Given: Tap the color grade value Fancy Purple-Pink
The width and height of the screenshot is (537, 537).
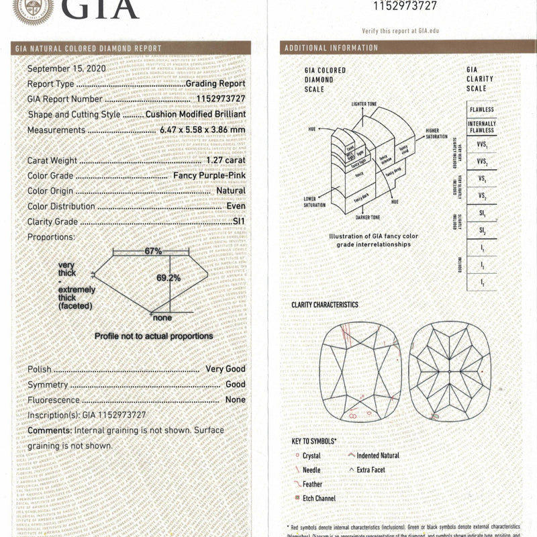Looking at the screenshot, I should click(209, 176).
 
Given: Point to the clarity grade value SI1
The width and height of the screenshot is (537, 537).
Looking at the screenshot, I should click(238, 221).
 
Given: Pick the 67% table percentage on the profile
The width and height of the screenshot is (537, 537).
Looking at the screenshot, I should click(153, 251).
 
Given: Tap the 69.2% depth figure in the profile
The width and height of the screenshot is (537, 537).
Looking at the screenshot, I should click(168, 277).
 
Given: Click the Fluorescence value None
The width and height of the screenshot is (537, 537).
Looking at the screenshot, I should click(235, 400).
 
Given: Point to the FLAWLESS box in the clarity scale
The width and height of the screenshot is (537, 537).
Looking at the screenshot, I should click(481, 109).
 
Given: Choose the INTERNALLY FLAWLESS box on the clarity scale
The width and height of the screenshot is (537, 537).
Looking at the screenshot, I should click(481, 127).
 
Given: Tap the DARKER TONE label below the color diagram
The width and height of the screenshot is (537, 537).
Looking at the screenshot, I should click(366, 217).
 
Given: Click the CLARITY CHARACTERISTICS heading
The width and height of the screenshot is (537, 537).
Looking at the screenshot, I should click(324, 305).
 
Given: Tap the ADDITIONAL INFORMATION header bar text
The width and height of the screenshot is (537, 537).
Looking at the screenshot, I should click(331, 48).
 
